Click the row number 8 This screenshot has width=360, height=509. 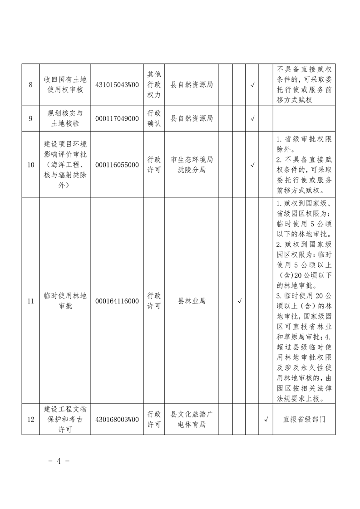click(30, 84)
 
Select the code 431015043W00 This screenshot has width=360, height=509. click(117, 84)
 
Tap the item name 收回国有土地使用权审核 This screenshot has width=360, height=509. click(65, 84)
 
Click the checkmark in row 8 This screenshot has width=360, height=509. click(252, 84)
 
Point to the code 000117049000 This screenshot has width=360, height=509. click(117, 118)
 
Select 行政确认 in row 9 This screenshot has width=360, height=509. click(154, 118)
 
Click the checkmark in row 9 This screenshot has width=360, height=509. click(252, 118)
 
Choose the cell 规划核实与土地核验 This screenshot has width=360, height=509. click(65, 118)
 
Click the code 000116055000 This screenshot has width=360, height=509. click(117, 165)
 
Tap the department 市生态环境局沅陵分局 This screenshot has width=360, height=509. click(192, 165)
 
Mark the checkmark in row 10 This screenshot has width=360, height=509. click(252, 165)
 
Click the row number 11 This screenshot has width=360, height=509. click(30, 301)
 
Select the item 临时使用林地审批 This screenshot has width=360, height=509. click(65, 301)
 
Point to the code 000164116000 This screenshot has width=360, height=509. click(117, 301)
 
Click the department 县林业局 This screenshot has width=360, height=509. click(192, 301)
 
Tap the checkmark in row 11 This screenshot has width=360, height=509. click(239, 301)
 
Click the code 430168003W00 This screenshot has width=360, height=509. click(117, 420)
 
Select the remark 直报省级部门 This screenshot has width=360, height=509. click(304, 420)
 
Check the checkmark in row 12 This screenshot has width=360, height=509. click(266, 420)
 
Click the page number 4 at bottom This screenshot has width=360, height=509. click(59, 461)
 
